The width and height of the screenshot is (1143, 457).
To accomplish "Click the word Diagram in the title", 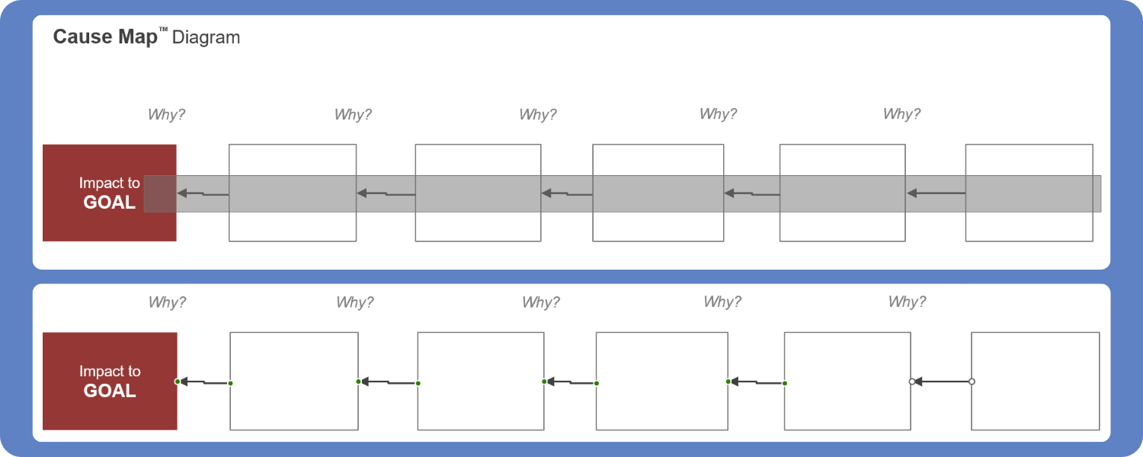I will (x=206, y=37).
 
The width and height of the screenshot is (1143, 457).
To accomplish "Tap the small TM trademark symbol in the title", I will (x=163, y=30).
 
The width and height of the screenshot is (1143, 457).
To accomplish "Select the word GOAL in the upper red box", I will (x=110, y=203).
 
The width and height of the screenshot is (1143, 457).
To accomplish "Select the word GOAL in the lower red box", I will (x=110, y=391).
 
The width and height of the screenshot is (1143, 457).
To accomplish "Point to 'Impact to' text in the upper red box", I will (x=110, y=183).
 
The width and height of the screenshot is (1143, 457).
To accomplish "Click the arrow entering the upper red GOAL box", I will (x=203, y=194).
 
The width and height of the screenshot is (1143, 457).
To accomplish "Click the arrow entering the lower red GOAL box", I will (x=203, y=382).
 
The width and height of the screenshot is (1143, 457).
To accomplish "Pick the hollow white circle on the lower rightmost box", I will (x=972, y=382).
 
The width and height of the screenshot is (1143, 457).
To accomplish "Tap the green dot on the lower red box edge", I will (x=177, y=381).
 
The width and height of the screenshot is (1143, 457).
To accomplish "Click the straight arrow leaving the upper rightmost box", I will (x=936, y=194).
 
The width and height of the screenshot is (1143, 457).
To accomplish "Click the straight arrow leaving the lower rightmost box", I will (x=942, y=382).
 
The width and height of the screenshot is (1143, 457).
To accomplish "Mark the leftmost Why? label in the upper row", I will (x=166, y=115).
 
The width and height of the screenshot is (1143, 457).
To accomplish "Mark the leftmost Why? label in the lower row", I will (x=167, y=302).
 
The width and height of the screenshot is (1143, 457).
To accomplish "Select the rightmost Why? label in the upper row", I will (x=901, y=114).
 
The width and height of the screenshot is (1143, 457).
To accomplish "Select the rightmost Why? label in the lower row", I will (x=907, y=302).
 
